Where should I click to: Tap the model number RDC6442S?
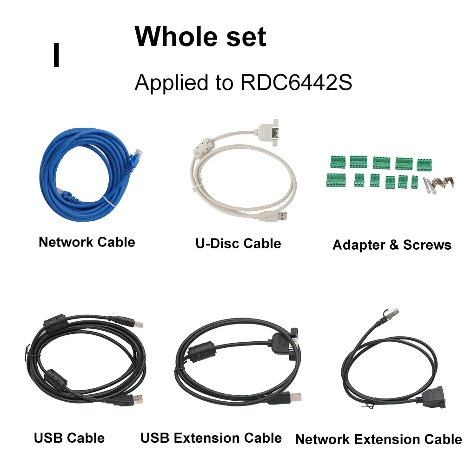[296, 83]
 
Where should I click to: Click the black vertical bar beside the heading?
[57, 55]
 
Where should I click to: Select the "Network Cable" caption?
[87, 242]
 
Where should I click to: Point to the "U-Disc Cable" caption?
[238, 243]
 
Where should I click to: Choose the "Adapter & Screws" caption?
[392, 245]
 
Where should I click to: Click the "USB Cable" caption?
[69, 438]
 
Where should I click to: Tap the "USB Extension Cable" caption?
[211, 438]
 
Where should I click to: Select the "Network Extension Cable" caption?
[379, 439]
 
